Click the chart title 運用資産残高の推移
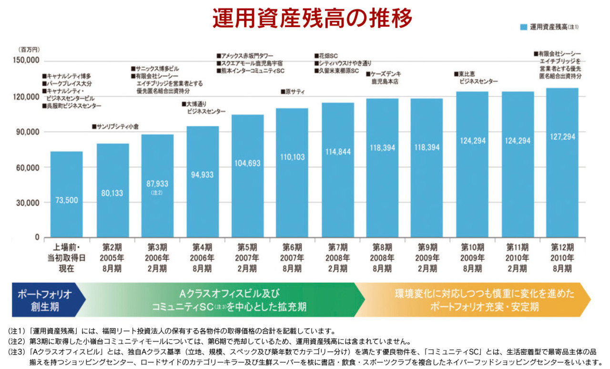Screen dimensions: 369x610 pyautogui.click(x=312, y=19)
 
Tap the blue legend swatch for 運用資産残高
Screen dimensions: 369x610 pyautogui.click(x=523, y=27)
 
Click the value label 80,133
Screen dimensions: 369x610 pyautogui.click(x=112, y=194)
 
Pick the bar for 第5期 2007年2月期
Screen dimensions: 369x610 pyautogui.click(x=247, y=176)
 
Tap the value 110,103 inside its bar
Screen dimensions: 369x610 pyautogui.click(x=293, y=157)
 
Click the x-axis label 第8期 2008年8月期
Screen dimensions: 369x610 pyautogui.click(x=382, y=258)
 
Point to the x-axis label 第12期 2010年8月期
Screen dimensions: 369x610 pyautogui.click(x=562, y=258)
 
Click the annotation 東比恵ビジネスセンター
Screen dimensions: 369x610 pyautogui.click(x=477, y=78)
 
